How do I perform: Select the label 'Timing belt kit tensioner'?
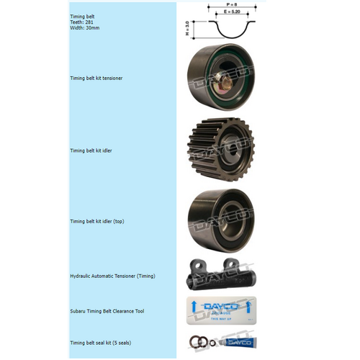click(101, 78)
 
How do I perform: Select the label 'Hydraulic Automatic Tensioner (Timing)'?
click(112, 276)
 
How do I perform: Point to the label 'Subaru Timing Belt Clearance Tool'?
click(107, 311)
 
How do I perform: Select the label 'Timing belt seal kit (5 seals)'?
click(105, 343)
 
